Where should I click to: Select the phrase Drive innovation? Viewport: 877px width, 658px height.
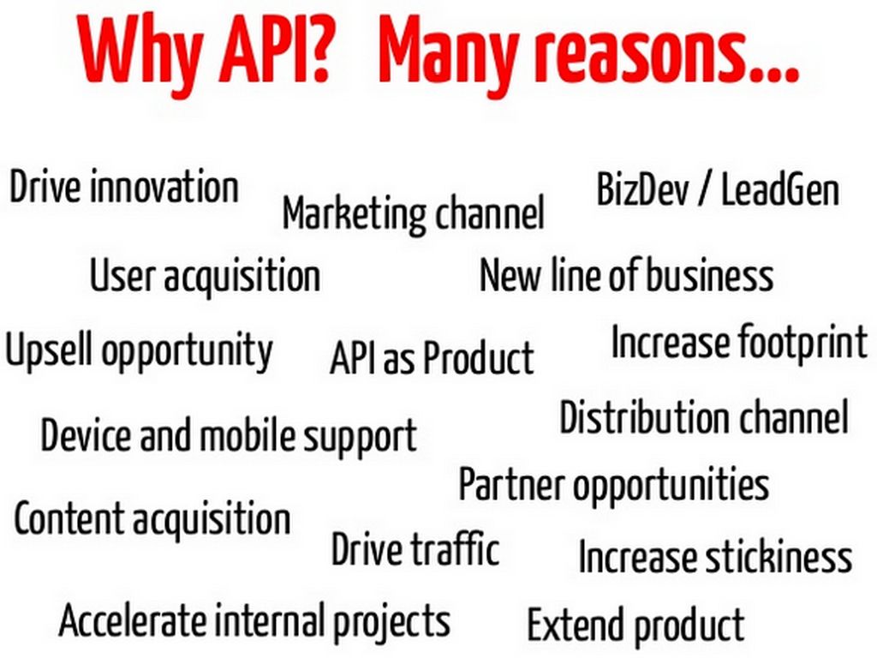point(123,187)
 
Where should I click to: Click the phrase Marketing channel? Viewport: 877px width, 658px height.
point(414,213)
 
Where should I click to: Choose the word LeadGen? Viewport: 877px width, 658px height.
point(780,189)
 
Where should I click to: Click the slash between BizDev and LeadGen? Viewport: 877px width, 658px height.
point(706,190)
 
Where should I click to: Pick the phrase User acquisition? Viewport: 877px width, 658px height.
point(206,275)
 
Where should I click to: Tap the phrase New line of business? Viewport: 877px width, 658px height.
point(626,274)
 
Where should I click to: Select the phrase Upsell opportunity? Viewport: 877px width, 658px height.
point(139,350)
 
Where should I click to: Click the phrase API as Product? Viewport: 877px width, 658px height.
point(432,356)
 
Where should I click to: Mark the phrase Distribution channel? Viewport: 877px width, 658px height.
point(704,417)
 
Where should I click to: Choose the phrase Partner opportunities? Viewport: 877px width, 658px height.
point(613,486)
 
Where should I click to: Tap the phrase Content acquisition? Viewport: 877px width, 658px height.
point(152,518)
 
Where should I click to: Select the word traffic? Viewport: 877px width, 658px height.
point(456,548)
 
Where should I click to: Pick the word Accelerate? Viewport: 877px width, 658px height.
point(133,620)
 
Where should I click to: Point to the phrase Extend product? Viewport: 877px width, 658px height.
point(635,625)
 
